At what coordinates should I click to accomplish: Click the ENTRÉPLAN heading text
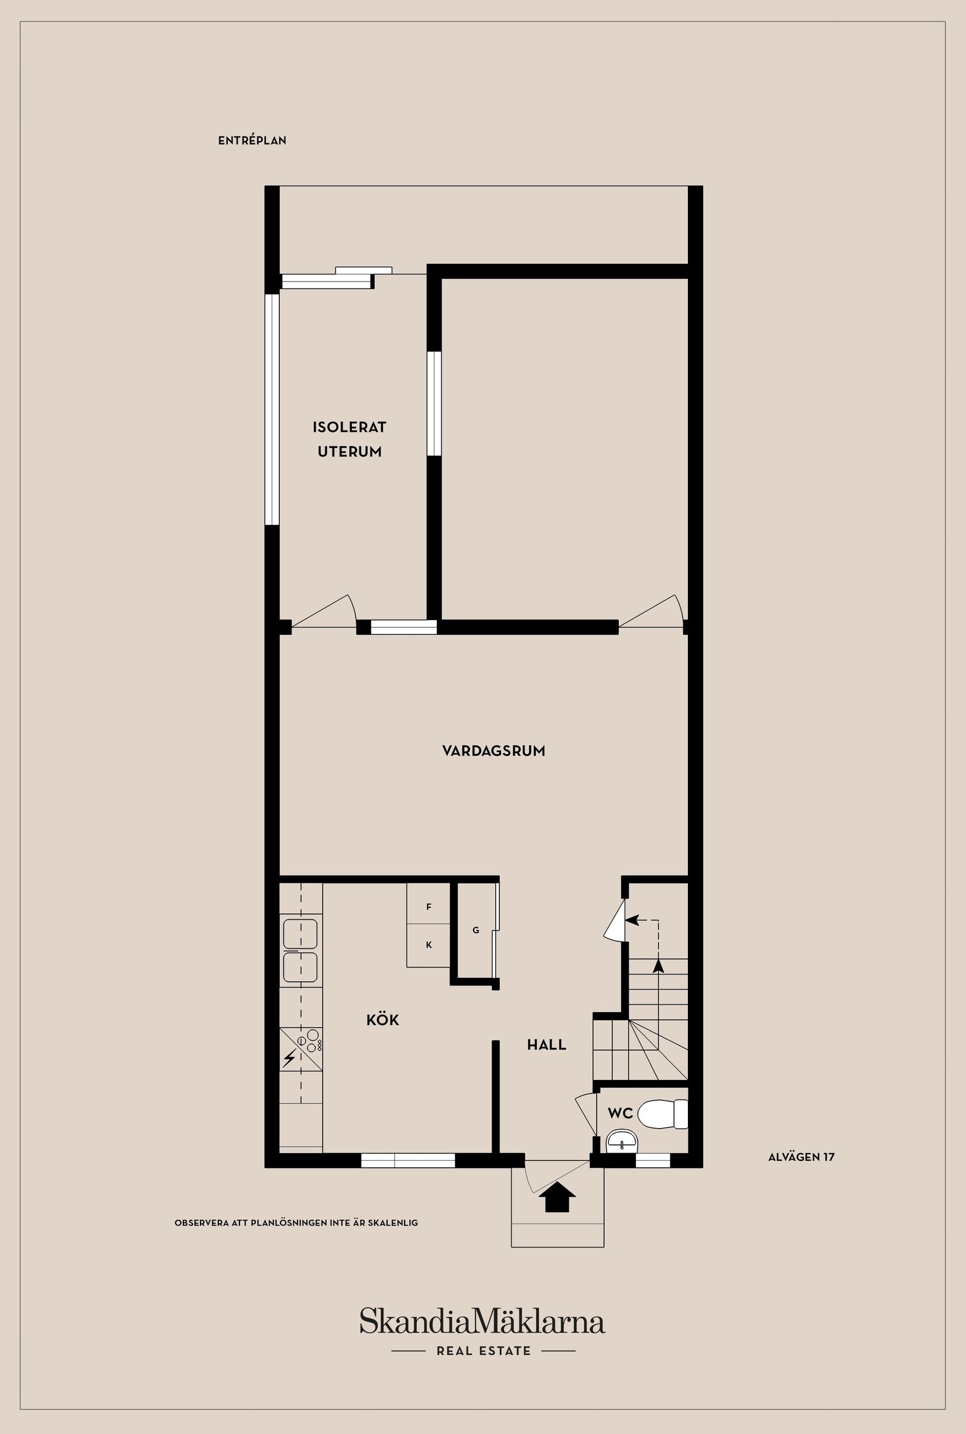click(x=252, y=140)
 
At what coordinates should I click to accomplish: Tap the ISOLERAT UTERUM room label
click(x=350, y=439)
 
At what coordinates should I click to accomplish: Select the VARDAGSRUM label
click(x=494, y=751)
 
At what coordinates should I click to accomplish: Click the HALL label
click(x=546, y=1044)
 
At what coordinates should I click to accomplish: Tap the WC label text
click(x=620, y=1113)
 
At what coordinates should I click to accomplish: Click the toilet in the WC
click(x=662, y=1114)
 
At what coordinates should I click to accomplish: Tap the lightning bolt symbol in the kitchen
click(x=289, y=1058)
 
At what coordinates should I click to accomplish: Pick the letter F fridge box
click(x=429, y=907)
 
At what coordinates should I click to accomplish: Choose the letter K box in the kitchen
click(x=429, y=944)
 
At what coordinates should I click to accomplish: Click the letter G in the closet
click(x=475, y=930)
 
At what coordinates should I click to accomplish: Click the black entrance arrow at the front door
click(x=557, y=1197)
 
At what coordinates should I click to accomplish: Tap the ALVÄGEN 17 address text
click(x=801, y=1157)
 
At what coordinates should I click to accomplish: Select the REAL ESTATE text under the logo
click(x=484, y=1351)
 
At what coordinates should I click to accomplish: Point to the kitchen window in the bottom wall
click(x=408, y=1160)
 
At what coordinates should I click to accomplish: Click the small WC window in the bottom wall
click(x=652, y=1160)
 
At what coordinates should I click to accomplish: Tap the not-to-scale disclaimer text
click(x=296, y=1223)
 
